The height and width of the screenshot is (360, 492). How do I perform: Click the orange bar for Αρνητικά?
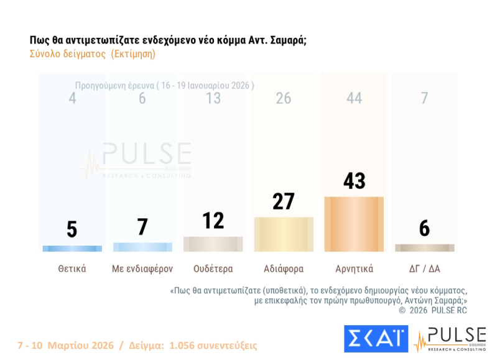[x=354, y=224]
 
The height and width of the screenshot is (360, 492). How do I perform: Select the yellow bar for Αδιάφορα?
[x=284, y=234]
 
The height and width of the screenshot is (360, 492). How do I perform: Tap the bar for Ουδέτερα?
[x=213, y=244]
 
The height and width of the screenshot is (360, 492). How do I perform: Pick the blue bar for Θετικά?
[x=72, y=249]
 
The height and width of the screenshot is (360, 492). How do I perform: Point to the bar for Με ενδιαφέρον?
[x=142, y=247]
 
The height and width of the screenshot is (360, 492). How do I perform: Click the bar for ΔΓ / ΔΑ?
[x=425, y=247]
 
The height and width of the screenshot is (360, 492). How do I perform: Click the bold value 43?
[x=354, y=181]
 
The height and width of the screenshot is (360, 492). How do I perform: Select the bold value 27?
[x=284, y=201]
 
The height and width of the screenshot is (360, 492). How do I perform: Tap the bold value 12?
[x=213, y=221]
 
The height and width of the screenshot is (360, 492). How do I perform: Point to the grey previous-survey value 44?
[x=354, y=98]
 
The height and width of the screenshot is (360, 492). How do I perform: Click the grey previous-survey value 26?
[x=284, y=98]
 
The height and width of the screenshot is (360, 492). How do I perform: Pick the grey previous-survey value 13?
[x=213, y=98]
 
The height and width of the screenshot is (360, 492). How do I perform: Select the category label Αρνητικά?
[x=354, y=269]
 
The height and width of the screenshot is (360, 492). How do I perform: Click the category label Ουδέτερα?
[x=213, y=269]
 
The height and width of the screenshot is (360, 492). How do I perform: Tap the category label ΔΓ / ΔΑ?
[x=425, y=269]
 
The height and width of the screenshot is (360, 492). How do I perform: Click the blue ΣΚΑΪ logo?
[x=376, y=339]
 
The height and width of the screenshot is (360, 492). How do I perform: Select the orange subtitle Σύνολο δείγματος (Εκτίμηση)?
[x=92, y=54]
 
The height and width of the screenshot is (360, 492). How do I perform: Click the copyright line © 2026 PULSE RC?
[x=432, y=310]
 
